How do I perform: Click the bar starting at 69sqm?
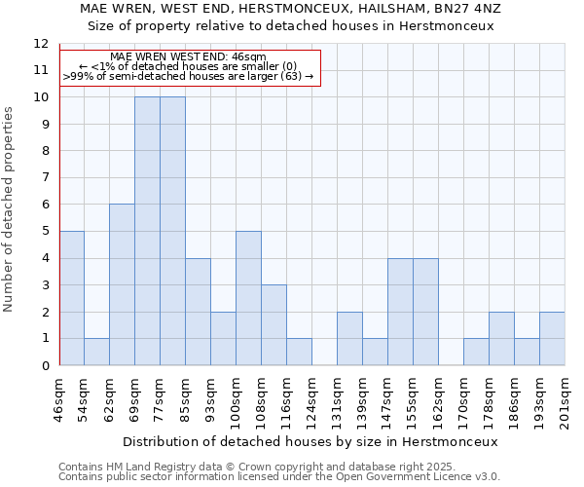click(147, 231)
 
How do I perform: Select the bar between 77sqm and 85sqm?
click(172, 231)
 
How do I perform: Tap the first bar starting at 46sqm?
click(71, 298)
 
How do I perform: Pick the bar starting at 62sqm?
click(122, 284)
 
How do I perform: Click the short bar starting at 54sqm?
click(96, 352)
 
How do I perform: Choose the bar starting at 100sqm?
click(248, 298)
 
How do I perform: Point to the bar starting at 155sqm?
click(425, 312)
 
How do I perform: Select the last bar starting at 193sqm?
click(552, 338)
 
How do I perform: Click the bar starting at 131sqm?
click(349, 338)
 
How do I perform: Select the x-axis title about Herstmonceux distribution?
click(311, 441)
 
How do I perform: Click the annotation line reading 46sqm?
click(188, 56)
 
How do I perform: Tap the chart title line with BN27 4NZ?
click(292, 8)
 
